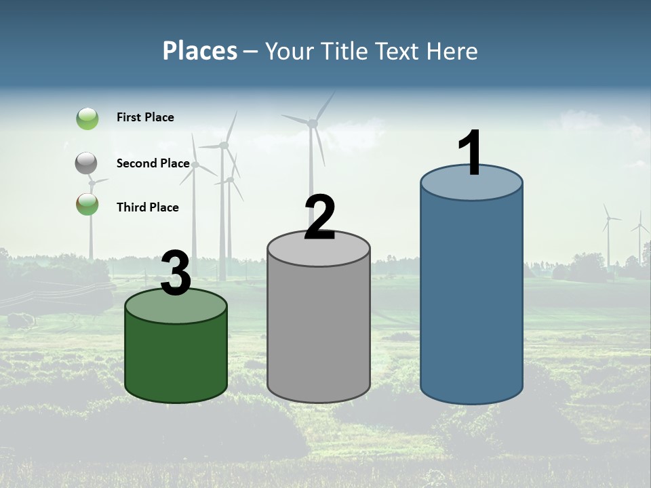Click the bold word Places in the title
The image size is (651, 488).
pyautogui.click(x=200, y=51)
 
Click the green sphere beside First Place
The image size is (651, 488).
pyautogui.click(x=87, y=119)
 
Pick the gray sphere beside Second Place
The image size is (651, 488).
pyautogui.click(x=87, y=163)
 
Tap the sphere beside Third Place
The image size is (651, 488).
pyautogui.click(x=87, y=204)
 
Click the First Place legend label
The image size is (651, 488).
pyautogui.click(x=145, y=117)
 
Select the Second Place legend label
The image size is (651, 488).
pyautogui.click(x=153, y=163)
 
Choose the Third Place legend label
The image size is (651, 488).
pyautogui.click(x=147, y=207)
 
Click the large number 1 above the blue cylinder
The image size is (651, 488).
pyautogui.click(x=471, y=154)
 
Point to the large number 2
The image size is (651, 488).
pyautogui.click(x=319, y=218)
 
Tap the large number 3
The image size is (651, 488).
pyautogui.click(x=176, y=274)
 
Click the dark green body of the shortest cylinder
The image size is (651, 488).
pyautogui.click(x=176, y=359)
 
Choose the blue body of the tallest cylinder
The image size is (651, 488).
pyautogui.click(x=471, y=298)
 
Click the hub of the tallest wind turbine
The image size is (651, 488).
pyautogui.click(x=313, y=123)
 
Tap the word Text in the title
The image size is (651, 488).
pyautogui.click(x=404, y=51)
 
